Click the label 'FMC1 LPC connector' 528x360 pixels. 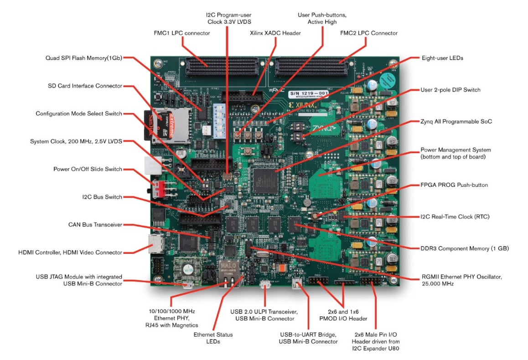pos(182,33)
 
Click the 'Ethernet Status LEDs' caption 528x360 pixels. pos(213,338)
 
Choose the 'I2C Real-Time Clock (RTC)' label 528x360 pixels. pos(455,216)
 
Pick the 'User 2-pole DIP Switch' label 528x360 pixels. pos(450,90)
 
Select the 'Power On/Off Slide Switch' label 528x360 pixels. pos(88,169)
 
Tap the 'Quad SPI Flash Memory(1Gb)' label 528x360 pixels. pos(83,58)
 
